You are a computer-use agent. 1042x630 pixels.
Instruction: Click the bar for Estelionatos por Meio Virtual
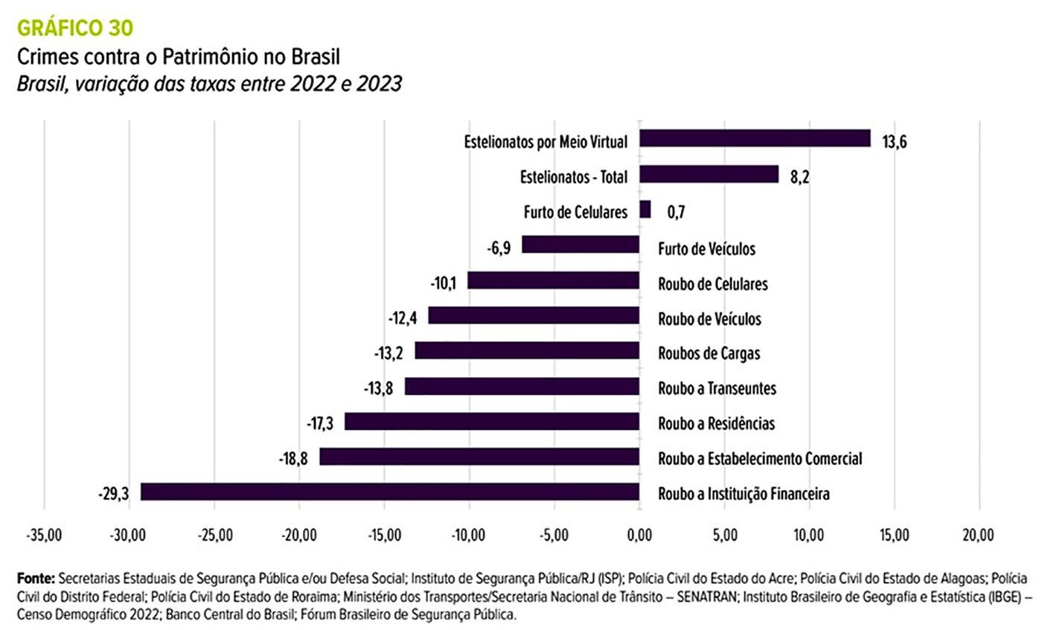coord(755,138)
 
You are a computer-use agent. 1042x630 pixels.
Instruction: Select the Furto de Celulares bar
coord(645,209)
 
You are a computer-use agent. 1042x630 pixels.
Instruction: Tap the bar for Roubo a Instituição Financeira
coord(390,492)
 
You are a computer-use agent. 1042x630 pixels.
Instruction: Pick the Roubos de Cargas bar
coord(527,350)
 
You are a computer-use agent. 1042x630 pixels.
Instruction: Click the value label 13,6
coord(894,141)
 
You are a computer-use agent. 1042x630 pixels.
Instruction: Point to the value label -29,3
coord(113,493)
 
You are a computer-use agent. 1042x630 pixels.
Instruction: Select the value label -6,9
coord(499,248)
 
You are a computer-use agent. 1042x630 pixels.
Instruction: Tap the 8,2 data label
coord(799,177)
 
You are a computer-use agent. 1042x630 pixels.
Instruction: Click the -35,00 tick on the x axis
coord(44,535)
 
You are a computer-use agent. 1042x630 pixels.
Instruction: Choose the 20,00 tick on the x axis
coord(978,535)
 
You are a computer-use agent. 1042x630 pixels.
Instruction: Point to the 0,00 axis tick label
coord(639,535)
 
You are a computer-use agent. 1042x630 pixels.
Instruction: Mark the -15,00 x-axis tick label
coord(384,535)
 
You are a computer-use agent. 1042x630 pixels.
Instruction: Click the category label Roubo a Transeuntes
coord(717,388)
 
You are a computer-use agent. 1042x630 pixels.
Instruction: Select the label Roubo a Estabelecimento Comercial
coord(760,459)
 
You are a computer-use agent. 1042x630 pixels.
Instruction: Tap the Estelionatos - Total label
coord(574,177)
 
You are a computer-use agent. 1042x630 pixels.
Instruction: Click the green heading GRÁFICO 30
coord(75,28)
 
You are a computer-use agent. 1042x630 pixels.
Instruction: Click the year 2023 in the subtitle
coord(379,84)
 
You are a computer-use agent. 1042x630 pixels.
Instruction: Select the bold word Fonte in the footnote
coord(36,579)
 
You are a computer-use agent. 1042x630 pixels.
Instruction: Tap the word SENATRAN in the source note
coord(707,597)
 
